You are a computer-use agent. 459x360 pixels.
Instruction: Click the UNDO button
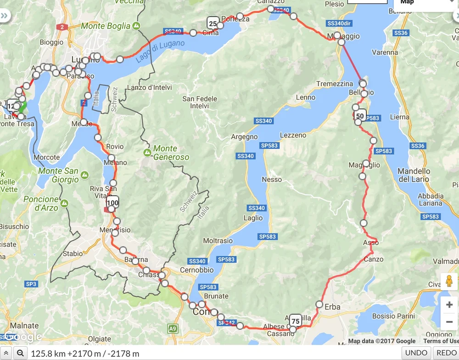pos(417,353)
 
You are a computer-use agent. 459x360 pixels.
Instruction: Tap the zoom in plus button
pos(449,305)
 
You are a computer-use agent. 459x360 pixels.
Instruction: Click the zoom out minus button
pos(449,322)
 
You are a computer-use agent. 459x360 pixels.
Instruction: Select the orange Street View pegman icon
pos(449,281)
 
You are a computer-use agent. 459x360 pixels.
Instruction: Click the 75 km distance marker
pos(296,321)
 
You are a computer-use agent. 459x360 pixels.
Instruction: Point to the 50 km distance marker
pos(360,115)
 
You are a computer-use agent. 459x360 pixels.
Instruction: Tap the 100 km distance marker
pos(112,202)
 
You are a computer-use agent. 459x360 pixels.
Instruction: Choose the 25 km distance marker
pos(213,23)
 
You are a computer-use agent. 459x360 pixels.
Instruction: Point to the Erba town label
pos(332,307)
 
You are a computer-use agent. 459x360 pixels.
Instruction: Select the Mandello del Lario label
pos(414,175)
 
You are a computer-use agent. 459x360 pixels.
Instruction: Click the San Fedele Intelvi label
pos(200,102)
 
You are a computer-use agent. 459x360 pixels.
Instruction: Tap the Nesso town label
pos(271,179)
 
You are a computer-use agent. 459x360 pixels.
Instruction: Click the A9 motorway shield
pos(172,328)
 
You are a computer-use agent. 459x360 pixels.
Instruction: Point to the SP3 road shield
pos(31,284)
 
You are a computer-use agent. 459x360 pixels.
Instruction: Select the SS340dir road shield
pos(339,23)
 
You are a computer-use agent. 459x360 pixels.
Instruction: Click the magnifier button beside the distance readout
pos(20,353)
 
